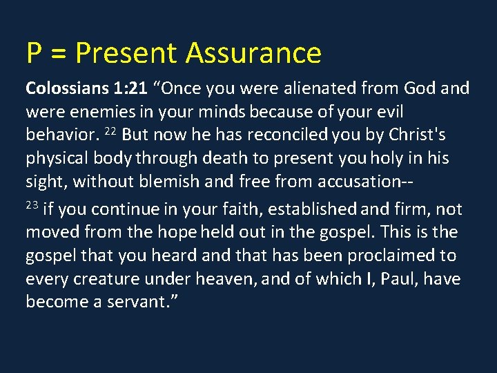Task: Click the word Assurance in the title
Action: (253, 53)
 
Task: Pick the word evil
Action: (389, 113)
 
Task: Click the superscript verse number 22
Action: (110, 131)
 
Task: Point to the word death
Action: (230, 159)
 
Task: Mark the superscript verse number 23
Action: (32, 205)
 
